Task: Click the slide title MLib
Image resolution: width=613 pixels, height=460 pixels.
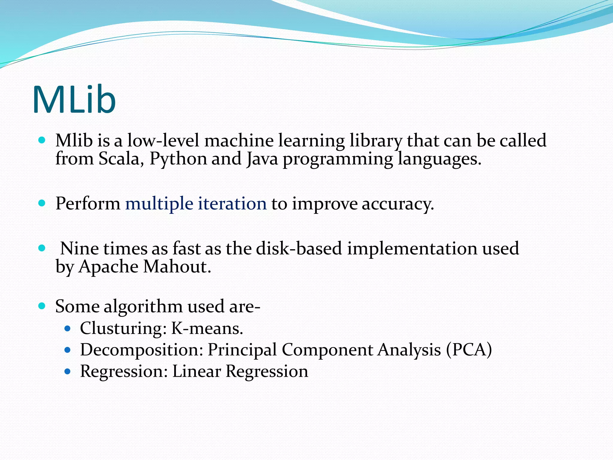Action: tap(74, 99)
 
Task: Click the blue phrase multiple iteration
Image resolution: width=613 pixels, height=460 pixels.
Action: tap(196, 204)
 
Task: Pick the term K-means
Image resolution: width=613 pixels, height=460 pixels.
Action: tap(207, 329)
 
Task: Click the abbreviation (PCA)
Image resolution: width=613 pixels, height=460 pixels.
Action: tap(469, 350)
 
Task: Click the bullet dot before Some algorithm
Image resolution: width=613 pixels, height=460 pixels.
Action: tap(42, 306)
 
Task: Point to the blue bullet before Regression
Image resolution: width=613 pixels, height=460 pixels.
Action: tap(67, 372)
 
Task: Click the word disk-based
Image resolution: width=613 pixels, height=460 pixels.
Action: tap(299, 249)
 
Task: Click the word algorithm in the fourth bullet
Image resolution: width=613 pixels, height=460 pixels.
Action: tap(143, 307)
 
